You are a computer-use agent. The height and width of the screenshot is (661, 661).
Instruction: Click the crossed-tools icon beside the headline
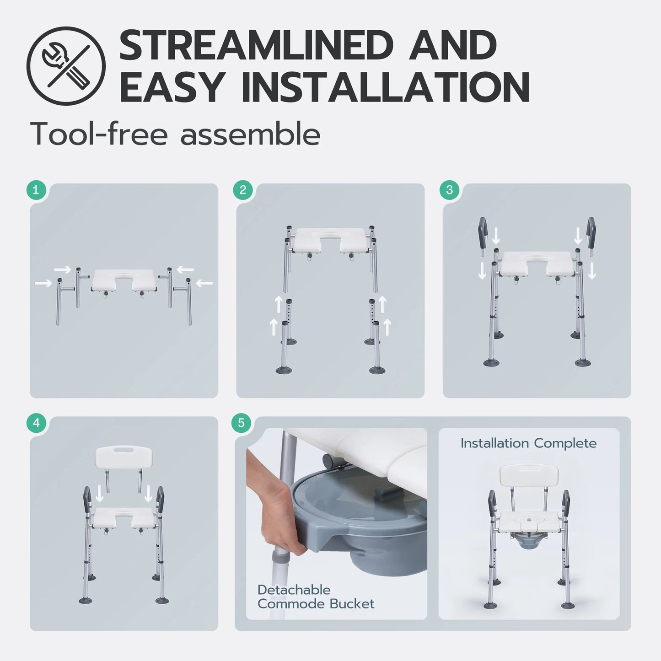66,66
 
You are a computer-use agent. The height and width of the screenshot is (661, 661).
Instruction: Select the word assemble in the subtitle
250,134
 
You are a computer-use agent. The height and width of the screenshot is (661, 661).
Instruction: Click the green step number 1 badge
36,190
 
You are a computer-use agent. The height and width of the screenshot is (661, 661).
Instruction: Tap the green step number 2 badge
243,190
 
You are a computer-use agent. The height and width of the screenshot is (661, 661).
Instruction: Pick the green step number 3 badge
449,190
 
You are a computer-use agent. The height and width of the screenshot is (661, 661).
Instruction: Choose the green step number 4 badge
36,423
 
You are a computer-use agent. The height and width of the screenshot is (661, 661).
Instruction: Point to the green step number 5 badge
241,423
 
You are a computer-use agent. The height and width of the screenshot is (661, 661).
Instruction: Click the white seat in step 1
124,279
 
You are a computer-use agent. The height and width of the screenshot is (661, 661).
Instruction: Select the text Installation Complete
529,443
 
